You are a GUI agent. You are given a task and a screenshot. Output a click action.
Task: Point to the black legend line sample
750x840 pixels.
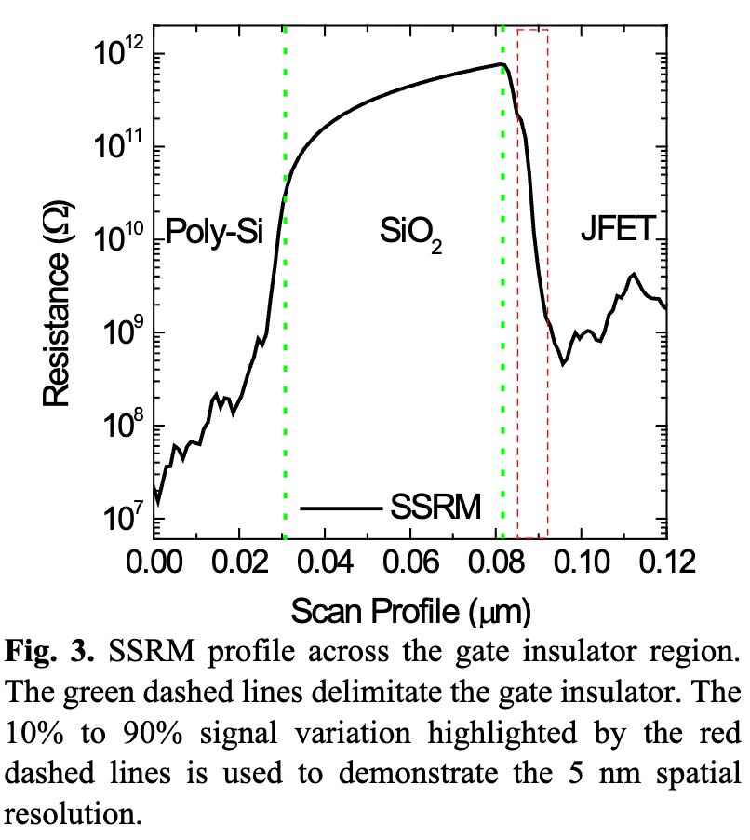pyautogui.click(x=342, y=508)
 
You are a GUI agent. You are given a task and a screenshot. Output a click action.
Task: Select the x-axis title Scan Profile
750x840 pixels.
pyautogui.click(x=410, y=612)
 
